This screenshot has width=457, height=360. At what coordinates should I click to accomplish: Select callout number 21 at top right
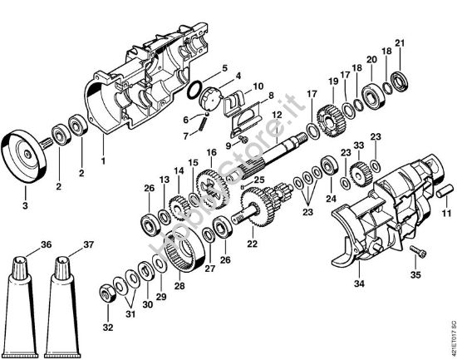pos(400,43)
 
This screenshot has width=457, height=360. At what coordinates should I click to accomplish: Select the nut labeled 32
pos(108,293)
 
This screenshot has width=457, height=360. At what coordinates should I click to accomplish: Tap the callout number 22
pos(252,244)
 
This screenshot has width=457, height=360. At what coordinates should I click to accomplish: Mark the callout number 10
pos(258,86)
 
